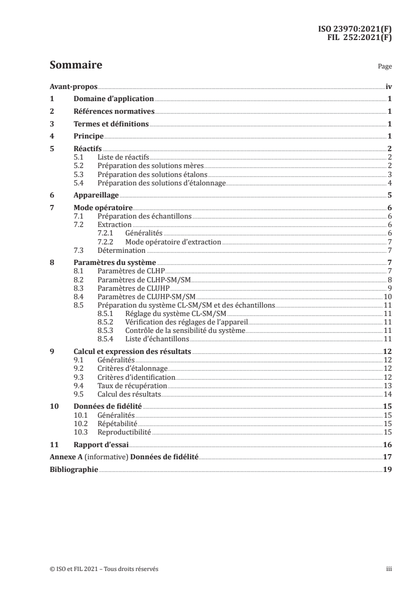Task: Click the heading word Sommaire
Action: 75,66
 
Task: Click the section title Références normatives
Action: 114,112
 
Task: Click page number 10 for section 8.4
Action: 386,297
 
